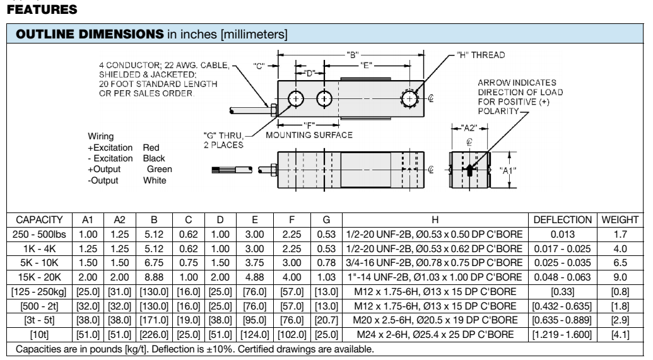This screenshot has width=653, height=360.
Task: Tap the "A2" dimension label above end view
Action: [468, 127]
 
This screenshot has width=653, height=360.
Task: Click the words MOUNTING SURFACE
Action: [309, 135]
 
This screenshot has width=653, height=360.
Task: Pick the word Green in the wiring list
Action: [159, 169]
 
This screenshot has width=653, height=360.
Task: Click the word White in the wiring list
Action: [155, 180]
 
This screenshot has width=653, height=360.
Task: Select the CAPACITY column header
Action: [38, 220]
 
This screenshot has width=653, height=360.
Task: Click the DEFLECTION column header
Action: [561, 220]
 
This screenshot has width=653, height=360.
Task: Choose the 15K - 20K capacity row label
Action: [38, 277]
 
